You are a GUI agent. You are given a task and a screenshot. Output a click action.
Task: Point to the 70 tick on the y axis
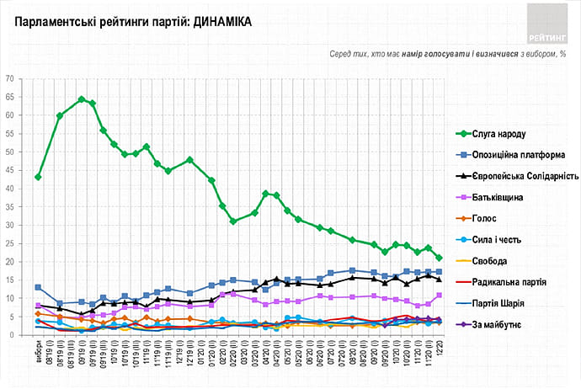point(10,78)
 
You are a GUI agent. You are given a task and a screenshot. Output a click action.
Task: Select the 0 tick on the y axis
point(13,336)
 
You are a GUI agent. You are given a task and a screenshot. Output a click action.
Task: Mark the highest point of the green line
point(82,99)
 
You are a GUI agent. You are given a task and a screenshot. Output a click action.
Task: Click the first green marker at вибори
point(38,177)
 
